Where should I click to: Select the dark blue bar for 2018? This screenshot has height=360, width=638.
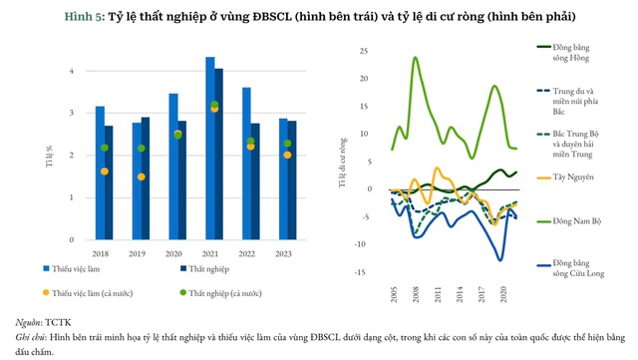[109, 183]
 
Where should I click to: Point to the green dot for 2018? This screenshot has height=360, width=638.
[105, 148]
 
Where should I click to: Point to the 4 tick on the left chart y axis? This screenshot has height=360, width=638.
[70, 71]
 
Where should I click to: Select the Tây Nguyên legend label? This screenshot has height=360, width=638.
[559, 178]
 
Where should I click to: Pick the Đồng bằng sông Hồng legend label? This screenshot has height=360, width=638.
[564, 53]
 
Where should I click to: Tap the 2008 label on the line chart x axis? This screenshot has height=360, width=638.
[415, 296]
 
